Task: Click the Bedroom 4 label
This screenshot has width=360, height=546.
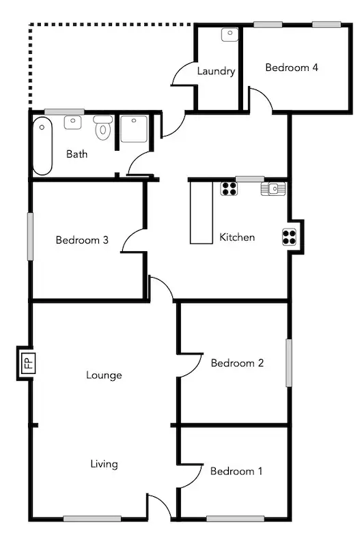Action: [x=292, y=68]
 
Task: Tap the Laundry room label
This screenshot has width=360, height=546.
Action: [x=216, y=71]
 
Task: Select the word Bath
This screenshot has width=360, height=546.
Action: [x=77, y=154]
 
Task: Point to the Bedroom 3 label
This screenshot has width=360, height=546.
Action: [x=82, y=240]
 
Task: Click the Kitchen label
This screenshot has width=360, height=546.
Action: [x=237, y=238]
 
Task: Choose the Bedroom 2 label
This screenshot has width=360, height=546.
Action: [x=237, y=363]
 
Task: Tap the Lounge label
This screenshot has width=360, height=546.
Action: [x=104, y=375]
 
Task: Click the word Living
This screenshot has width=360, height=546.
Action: [x=104, y=464]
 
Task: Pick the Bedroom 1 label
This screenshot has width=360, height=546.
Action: [x=236, y=471]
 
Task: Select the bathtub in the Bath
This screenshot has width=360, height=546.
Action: [x=43, y=146]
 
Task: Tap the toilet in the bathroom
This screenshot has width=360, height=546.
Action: [x=103, y=127]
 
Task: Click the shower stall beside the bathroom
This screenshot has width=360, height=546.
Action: [x=134, y=129]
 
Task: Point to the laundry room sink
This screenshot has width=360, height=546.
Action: [x=229, y=34]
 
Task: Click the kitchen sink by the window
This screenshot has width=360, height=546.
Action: [x=269, y=188]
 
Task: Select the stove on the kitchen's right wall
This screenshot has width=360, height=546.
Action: [x=290, y=235]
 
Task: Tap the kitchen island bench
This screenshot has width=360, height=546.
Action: [x=202, y=211]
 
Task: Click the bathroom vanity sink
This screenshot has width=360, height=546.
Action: [x=72, y=122]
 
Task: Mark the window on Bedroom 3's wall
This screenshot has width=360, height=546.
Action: [x=30, y=235]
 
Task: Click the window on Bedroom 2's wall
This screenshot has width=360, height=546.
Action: [x=288, y=363]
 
